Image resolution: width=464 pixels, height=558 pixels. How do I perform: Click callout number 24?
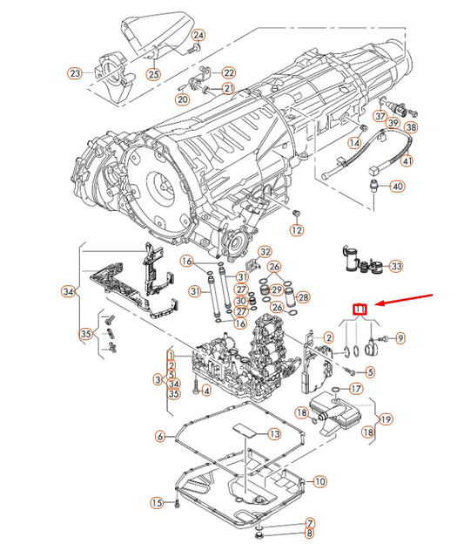[198, 35]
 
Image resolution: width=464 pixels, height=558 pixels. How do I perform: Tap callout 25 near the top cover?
[152, 73]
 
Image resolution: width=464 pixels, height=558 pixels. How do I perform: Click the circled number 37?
[380, 116]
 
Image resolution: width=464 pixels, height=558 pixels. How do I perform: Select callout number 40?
[397, 187]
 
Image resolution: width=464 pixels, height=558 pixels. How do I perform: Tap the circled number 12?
[297, 230]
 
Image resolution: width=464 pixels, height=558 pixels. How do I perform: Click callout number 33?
[396, 266]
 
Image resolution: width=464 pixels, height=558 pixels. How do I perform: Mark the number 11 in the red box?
[360, 309]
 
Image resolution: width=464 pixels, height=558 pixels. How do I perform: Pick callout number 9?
[400, 337]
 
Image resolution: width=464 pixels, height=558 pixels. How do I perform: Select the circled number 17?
[355, 388]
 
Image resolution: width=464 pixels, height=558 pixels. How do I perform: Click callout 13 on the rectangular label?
[273, 433]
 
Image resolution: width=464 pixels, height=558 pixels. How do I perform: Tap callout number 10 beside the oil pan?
[320, 480]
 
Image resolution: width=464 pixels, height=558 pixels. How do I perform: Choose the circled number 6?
[160, 436]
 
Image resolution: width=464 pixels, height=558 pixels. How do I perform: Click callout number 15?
[157, 502]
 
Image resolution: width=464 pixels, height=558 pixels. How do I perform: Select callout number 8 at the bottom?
[309, 532]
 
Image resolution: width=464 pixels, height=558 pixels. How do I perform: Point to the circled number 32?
[266, 251]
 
